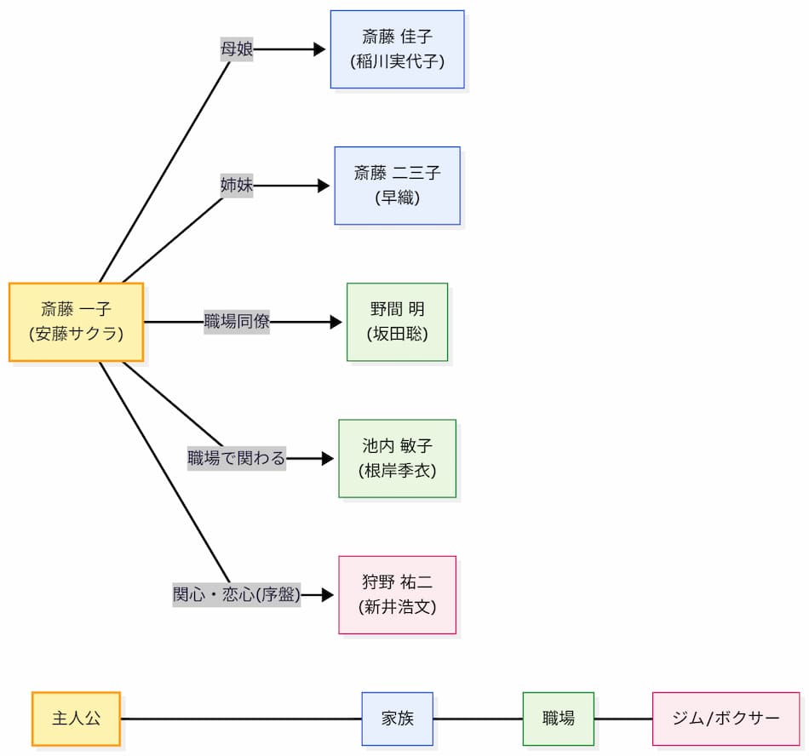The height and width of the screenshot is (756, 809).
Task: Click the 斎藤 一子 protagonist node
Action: [76, 322]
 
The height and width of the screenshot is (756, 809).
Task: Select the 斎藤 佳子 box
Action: [397, 49]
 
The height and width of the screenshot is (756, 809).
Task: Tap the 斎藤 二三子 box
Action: [397, 186]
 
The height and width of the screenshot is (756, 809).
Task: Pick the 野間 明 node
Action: [397, 322]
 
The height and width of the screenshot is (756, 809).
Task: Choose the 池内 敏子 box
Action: [397, 458]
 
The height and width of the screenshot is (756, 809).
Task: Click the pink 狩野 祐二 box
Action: [397, 594]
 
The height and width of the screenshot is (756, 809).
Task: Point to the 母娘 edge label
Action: [237, 49]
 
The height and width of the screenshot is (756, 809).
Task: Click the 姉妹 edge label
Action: [237, 186]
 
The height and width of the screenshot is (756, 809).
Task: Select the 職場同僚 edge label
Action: [237, 322]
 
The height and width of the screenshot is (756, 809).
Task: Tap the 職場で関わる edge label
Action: [237, 458]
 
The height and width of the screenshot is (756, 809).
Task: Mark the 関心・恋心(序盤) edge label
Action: [237, 594]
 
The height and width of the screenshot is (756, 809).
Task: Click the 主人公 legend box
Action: [76, 719]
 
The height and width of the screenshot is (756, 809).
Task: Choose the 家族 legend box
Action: [397, 719]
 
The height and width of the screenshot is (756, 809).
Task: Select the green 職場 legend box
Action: [558, 719]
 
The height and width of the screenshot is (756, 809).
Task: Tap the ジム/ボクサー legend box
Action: [726, 719]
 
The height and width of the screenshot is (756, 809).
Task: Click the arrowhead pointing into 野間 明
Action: [336, 322]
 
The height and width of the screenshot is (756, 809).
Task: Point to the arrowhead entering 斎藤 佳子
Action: [319, 49]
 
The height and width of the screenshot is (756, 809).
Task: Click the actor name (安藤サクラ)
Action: [76, 334]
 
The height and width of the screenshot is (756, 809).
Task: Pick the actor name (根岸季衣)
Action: [397, 470]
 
